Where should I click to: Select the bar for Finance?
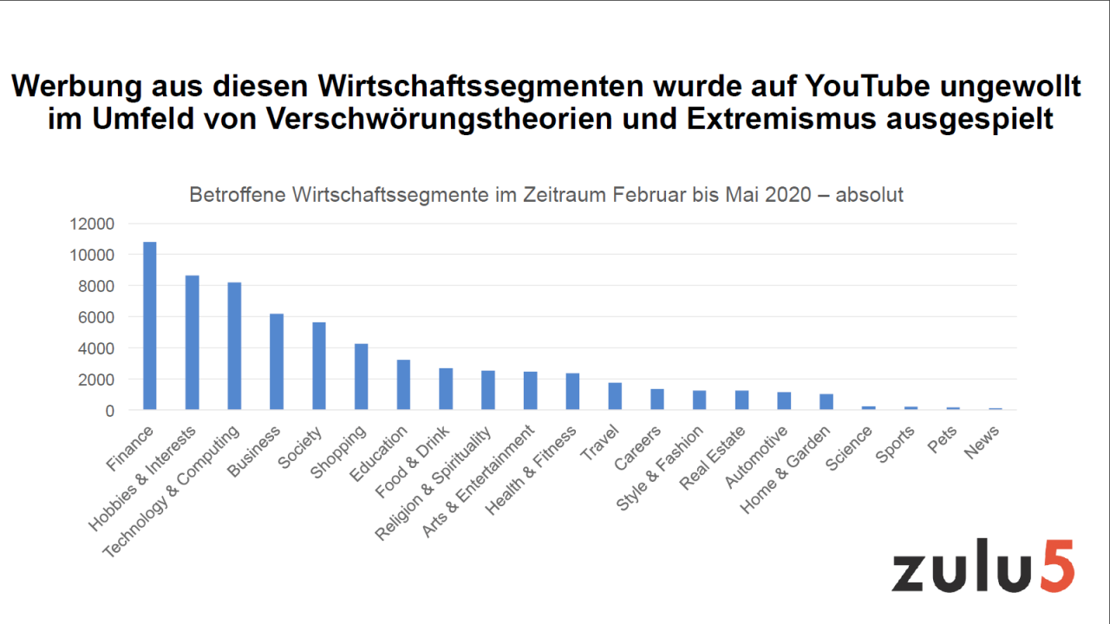[150, 326]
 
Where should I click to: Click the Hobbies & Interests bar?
[193, 342]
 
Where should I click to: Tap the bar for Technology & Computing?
[234, 346]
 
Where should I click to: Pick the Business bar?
[277, 361]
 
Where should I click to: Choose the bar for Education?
[403, 385]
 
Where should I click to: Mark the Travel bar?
[615, 396]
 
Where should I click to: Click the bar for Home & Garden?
[826, 402]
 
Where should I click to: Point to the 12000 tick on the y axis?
[92, 224]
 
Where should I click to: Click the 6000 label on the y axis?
[96, 317]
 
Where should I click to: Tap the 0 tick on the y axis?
[109, 411]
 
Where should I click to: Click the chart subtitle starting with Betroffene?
[546, 195]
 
